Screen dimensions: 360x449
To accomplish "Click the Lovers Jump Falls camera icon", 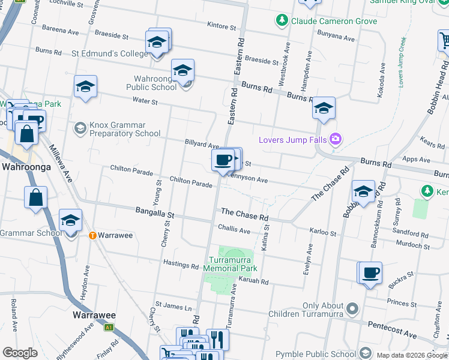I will click(x=335, y=140).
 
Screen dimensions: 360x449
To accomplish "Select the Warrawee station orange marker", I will click(x=92, y=235).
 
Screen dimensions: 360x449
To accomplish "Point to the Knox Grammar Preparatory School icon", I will click(x=80, y=129).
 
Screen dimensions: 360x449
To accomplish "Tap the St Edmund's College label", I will click(x=109, y=53).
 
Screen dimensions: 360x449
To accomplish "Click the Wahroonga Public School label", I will click(x=147, y=83).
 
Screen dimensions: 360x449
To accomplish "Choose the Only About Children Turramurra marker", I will click(x=352, y=310).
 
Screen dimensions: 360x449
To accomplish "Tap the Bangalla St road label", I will click(x=154, y=213).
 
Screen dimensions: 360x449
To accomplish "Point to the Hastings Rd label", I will click(x=180, y=265).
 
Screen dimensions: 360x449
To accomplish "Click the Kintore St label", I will click(x=221, y=26).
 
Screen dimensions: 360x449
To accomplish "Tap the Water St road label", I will click(x=145, y=101).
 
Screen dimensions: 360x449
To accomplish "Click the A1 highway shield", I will click(x=109, y=327).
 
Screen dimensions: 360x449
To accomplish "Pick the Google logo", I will click(x=20, y=353).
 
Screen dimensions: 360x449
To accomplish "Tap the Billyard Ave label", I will click(x=202, y=145).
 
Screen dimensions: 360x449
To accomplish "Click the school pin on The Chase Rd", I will click(x=363, y=193).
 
